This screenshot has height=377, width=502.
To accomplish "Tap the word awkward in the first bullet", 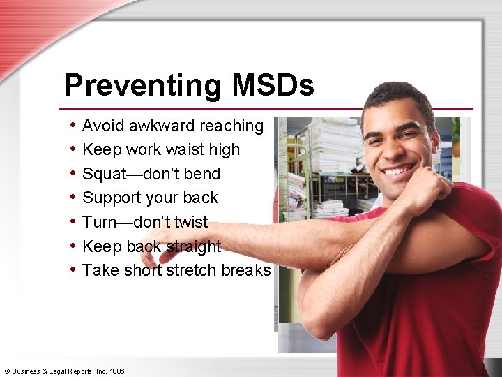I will coord(161,126).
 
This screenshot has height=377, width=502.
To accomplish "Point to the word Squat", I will coord(104,174).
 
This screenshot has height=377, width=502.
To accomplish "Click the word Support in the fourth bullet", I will coord(111,198).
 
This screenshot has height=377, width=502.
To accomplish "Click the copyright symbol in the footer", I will coord(7,371).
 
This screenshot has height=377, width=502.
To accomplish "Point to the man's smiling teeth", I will coord(400,170).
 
